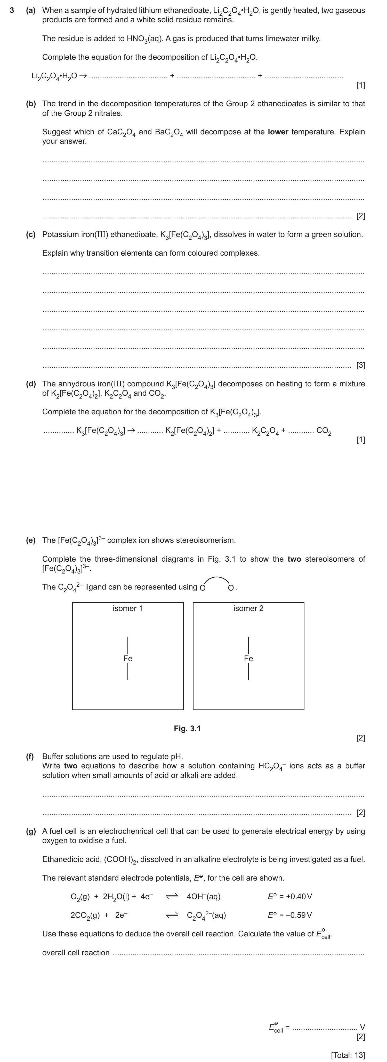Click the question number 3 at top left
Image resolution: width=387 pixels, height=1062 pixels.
pos(12,10)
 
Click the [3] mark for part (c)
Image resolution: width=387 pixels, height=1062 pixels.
pos(361,365)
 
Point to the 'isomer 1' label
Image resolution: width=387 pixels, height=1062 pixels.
pos(128,608)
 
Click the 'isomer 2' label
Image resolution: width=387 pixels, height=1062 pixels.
pos(248,608)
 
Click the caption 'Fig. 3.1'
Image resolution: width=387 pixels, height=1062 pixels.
pos(187,729)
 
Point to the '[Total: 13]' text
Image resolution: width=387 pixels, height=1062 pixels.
pos(348,1052)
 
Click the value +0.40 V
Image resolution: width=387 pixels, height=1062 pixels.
pos(290,896)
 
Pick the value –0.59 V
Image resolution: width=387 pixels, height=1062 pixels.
pos(290,915)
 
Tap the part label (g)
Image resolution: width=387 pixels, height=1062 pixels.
pos(31,831)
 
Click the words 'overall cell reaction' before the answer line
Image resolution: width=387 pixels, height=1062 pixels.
pos(76,953)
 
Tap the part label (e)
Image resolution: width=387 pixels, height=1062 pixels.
pos(31,540)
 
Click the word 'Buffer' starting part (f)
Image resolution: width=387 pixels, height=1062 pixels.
pos(53,757)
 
